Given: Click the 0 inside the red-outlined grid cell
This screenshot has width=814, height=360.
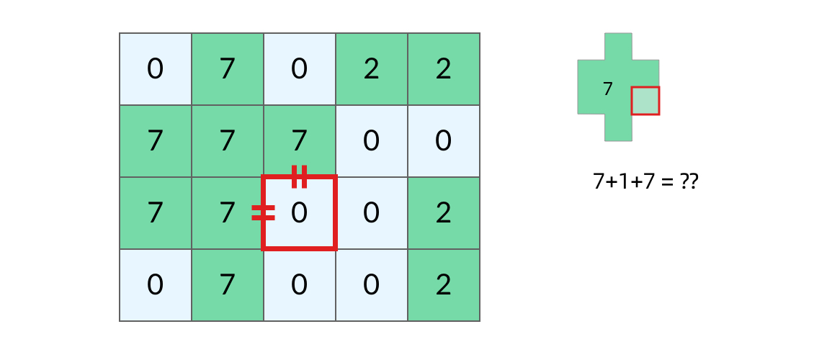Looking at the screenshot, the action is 299,212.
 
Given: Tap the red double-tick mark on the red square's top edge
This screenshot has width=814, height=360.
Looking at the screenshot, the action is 299,176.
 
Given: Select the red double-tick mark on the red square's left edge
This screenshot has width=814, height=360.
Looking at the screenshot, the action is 263,212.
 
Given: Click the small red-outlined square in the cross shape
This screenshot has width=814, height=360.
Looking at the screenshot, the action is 645,101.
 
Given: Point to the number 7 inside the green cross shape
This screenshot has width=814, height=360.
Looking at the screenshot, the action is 608,89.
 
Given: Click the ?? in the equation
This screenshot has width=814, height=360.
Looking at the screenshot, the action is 689,182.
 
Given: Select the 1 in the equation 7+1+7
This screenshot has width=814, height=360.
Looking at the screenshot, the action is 622,182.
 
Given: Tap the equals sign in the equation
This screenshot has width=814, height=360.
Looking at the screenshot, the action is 667,183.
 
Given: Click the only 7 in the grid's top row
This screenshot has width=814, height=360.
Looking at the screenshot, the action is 228,69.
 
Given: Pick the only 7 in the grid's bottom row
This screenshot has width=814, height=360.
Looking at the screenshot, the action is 228,285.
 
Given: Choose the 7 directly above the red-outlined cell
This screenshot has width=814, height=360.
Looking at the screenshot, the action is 299,141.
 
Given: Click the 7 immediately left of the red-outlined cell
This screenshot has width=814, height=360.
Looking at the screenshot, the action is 228,212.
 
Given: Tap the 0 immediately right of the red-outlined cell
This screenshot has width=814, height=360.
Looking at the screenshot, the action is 371,212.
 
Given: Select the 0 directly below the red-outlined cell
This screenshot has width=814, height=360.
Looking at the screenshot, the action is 299,285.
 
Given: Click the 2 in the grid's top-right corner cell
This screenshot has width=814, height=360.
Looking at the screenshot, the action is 443,69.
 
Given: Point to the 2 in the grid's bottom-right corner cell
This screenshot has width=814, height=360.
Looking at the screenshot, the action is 443,285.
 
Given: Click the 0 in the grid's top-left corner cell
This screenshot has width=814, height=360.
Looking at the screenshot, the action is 155,69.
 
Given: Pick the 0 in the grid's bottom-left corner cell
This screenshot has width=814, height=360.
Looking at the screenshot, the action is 155,285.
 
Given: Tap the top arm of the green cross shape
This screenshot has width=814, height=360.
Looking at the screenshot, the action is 618,47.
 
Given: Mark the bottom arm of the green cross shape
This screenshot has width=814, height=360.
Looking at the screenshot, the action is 618,127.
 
